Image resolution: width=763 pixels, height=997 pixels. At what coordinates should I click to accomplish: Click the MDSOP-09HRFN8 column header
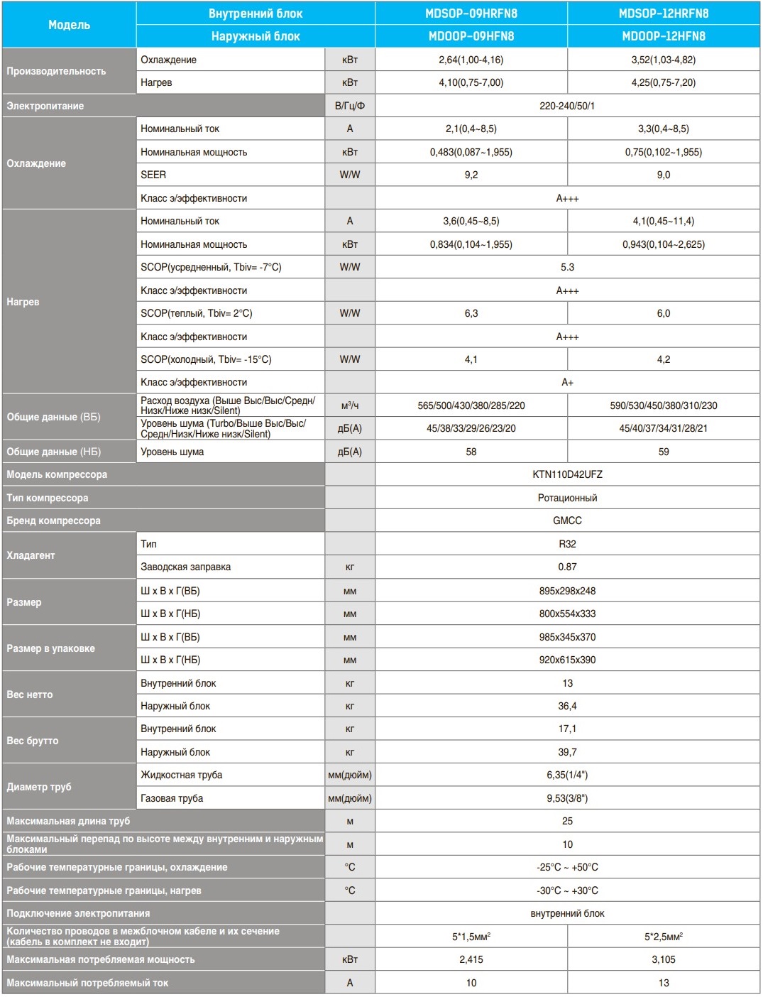(x=471, y=13)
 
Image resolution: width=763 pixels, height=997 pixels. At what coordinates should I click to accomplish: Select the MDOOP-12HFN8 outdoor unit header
(x=663, y=36)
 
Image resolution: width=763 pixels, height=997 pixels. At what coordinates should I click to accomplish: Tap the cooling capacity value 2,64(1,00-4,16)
(x=471, y=60)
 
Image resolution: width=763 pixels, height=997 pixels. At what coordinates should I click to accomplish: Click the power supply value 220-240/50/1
(x=567, y=106)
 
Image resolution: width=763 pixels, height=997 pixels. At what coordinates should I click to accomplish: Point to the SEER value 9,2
(x=471, y=175)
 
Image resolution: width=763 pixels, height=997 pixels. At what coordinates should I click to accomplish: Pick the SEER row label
(x=153, y=175)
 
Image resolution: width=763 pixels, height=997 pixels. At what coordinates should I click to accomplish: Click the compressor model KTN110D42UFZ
(x=567, y=474)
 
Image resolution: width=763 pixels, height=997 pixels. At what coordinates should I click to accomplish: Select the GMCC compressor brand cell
(x=567, y=521)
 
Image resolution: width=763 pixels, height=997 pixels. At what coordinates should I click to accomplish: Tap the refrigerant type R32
(x=567, y=544)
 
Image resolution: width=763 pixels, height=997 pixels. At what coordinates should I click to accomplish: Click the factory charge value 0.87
(x=567, y=567)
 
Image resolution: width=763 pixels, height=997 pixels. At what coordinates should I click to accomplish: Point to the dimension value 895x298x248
(x=567, y=591)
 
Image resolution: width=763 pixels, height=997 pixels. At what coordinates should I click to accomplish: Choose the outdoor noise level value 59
(x=663, y=452)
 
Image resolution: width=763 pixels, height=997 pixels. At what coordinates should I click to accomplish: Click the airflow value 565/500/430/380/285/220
(x=471, y=405)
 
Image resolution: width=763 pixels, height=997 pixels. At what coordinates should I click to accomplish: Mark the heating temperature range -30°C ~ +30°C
(x=567, y=890)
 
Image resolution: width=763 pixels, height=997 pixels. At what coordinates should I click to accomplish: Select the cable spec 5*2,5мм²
(x=663, y=937)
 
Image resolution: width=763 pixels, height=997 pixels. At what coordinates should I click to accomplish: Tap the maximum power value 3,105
(x=663, y=959)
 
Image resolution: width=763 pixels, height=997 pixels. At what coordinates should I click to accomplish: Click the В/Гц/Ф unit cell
(x=350, y=106)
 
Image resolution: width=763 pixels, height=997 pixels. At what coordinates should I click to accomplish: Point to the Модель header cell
(x=69, y=25)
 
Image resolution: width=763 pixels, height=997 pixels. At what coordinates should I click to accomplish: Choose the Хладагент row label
(x=31, y=555)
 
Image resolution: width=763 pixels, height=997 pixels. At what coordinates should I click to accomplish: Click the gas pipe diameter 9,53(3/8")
(x=567, y=798)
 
